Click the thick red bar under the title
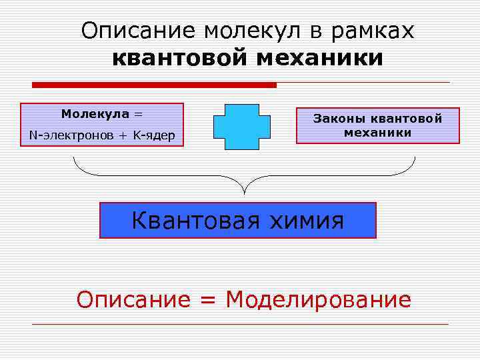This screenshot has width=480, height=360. [x=154, y=85]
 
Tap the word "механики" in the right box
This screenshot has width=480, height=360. [x=377, y=133]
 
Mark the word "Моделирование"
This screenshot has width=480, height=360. [x=318, y=299]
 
